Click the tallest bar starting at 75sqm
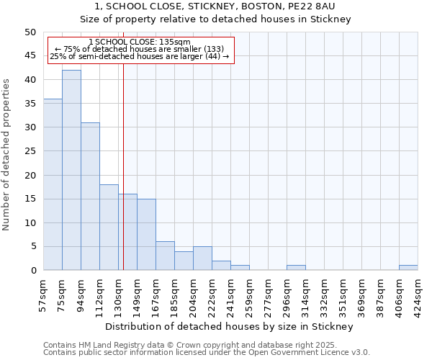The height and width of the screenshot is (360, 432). click(71, 170)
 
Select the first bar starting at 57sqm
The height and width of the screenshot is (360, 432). click(53, 184)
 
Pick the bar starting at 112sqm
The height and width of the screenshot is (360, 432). click(109, 228)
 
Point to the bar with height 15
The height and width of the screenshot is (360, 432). click(146, 235)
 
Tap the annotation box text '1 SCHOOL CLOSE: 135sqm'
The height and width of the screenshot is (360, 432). click(140, 42)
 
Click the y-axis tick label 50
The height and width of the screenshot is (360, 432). click(30, 32)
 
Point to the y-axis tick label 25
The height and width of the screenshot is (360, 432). click(30, 151)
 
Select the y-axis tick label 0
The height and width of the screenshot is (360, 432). click(32, 271)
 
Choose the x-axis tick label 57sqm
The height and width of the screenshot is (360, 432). click(43, 294)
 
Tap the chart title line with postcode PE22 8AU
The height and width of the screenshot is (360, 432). click(215, 6)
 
